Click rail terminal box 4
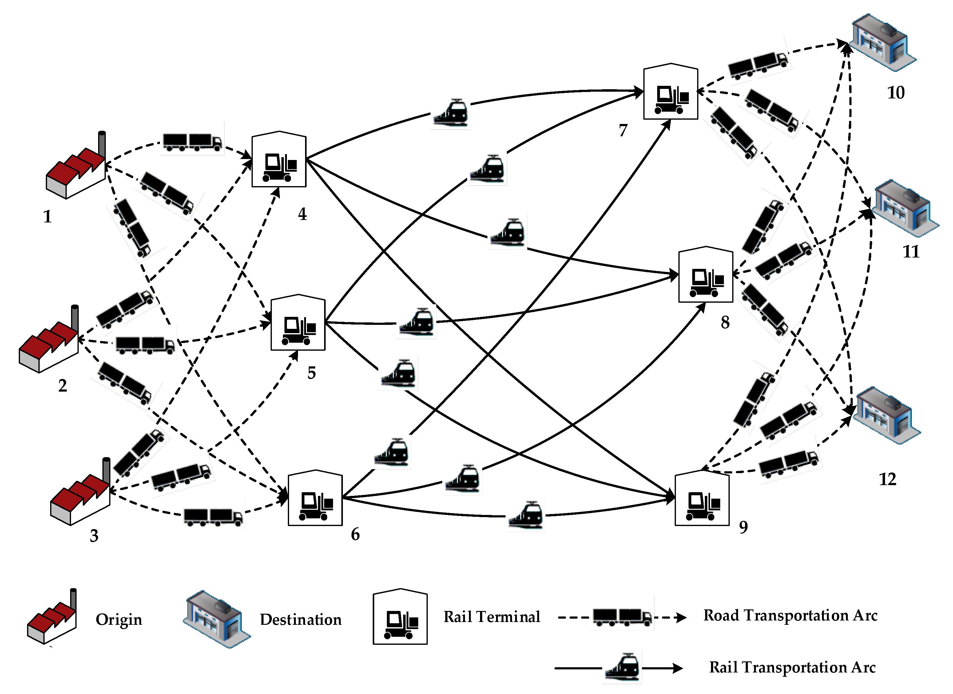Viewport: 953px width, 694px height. point(279,160)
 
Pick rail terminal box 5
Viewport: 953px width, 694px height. point(298,323)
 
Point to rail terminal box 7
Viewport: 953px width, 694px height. point(671,92)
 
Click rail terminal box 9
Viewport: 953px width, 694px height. point(702,499)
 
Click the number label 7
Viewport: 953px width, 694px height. point(623,131)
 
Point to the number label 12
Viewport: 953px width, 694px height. point(887,479)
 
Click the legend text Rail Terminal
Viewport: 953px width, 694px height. point(492,617)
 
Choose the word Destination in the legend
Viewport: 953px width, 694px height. point(300,620)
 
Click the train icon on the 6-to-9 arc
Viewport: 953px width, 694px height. point(526,515)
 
